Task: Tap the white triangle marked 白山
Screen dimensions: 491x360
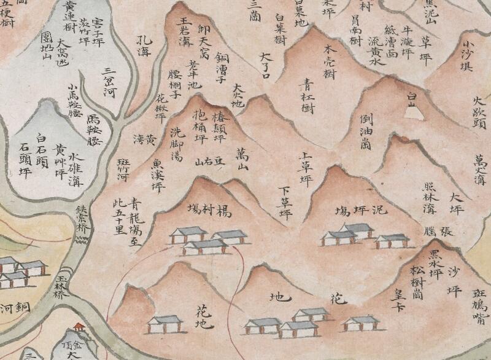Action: (413, 111)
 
